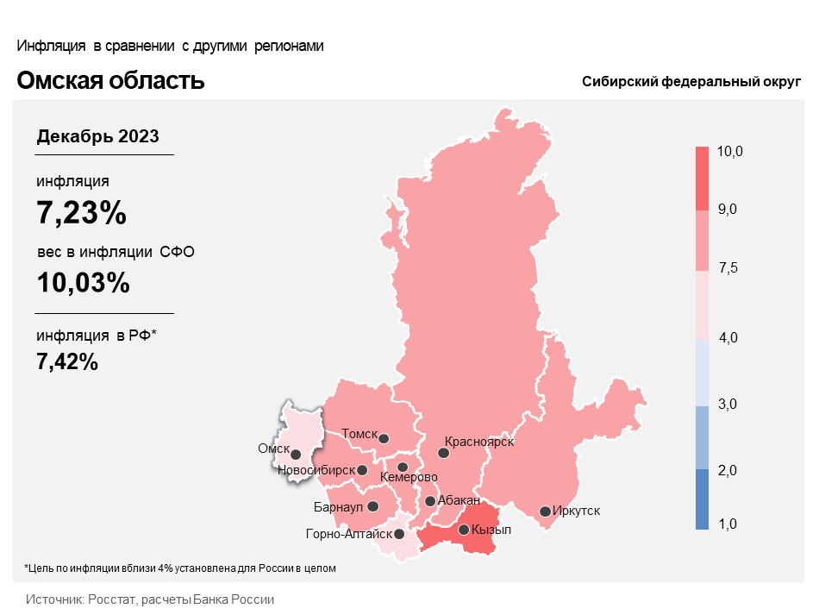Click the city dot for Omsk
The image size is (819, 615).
point(296,454)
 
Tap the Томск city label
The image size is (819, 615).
point(359,434)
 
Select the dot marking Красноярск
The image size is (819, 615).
point(443,452)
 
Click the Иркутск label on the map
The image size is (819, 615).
point(576,511)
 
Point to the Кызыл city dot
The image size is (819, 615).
point(464,530)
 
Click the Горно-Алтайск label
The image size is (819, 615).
point(342,535)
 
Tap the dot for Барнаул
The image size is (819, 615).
point(373,507)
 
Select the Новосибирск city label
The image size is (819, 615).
point(316,470)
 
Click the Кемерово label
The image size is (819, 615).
point(409,478)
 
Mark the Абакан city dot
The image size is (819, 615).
point(429,500)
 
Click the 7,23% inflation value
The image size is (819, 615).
point(81,212)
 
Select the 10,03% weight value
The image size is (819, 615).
point(83,282)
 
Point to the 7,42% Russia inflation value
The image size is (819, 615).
point(67,362)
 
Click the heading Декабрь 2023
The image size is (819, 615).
point(97,136)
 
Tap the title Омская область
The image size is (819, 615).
point(110,81)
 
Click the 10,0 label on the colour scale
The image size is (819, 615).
point(729,152)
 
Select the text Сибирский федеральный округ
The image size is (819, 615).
point(691,82)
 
